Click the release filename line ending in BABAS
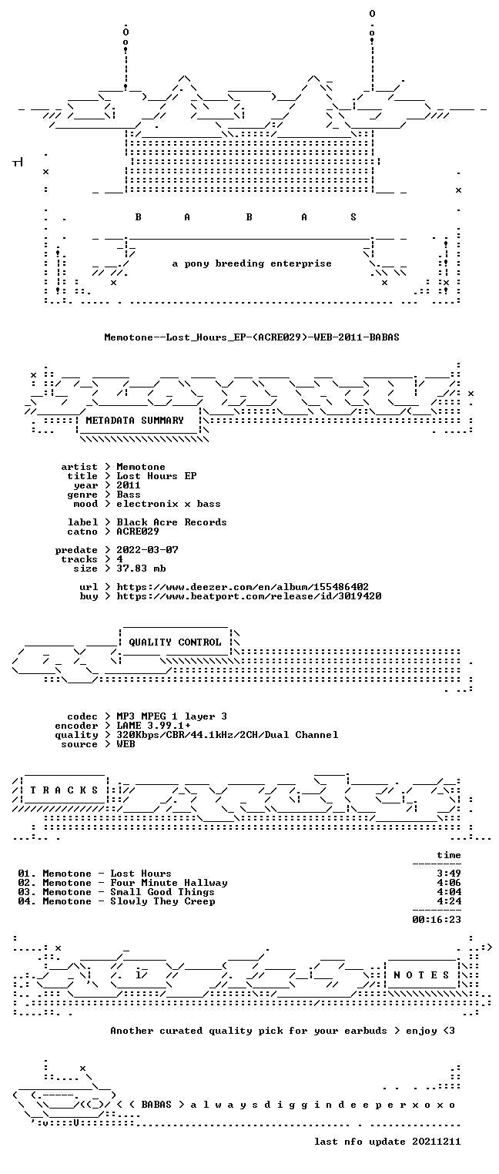tap(252, 337)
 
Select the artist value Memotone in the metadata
tap(140, 467)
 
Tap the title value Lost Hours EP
tap(156, 476)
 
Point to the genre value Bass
tap(129, 495)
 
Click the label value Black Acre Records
tap(172, 522)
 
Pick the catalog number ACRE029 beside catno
tap(138, 532)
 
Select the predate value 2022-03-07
tap(147, 550)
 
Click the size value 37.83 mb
tap(141, 569)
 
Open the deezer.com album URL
tap(243, 587)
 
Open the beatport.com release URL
tap(249, 596)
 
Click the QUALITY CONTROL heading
tap(175, 642)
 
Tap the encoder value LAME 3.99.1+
tap(153, 726)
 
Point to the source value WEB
tap(126, 744)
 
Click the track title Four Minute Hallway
tap(169, 883)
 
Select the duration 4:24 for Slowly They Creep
tap(449, 901)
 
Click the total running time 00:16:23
tap(437, 920)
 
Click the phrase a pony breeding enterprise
tap(252, 263)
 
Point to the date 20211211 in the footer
tap(437, 1142)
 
